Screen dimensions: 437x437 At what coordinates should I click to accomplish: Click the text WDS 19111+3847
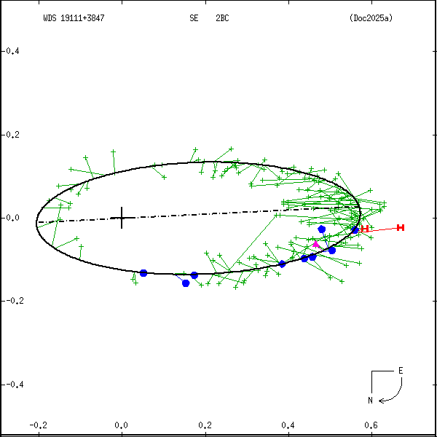(74, 18)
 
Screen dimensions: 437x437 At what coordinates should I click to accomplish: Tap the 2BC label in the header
(222, 18)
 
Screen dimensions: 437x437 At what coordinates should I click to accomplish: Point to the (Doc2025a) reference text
(371, 18)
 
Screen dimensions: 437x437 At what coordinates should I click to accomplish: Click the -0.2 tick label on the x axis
(38, 425)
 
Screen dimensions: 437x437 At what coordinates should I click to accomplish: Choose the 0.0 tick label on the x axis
(121, 425)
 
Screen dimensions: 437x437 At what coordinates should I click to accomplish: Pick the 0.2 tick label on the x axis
(205, 425)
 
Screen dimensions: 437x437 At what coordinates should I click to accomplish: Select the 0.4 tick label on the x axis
(288, 425)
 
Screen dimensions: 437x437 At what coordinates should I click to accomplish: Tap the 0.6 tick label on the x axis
(371, 425)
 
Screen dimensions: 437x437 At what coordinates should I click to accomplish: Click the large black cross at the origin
(121, 218)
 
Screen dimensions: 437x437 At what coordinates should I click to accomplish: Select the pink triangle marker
(315, 245)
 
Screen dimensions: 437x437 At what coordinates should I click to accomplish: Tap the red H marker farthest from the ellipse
(401, 228)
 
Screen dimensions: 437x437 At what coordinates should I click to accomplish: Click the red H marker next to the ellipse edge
(364, 229)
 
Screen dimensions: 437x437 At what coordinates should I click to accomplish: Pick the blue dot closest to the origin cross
(143, 273)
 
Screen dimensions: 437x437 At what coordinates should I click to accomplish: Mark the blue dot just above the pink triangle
(322, 229)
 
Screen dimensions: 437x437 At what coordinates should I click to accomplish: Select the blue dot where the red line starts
(355, 230)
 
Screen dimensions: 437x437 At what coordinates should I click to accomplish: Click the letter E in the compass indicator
(400, 371)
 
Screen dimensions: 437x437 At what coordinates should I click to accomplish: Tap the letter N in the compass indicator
(370, 400)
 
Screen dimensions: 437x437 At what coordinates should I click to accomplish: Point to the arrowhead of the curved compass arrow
(381, 399)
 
